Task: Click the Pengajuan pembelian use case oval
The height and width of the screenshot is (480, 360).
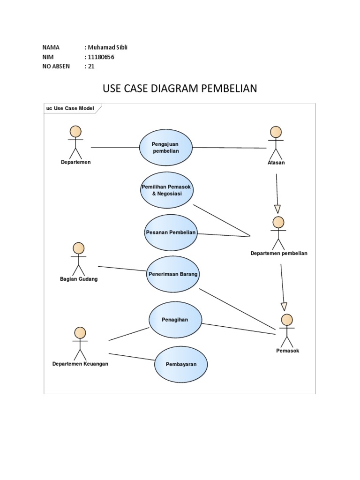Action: click(x=166, y=148)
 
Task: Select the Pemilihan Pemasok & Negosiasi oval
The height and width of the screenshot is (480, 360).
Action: click(x=167, y=190)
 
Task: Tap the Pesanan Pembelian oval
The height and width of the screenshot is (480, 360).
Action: click(x=171, y=233)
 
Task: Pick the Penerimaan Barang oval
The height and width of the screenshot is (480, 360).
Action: click(x=173, y=274)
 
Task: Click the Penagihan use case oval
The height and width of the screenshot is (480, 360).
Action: click(x=175, y=320)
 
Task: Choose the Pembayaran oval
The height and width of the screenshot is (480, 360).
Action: click(x=181, y=364)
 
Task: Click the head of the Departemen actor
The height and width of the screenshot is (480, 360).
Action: click(x=75, y=131)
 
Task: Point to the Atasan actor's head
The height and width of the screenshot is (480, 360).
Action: click(x=276, y=132)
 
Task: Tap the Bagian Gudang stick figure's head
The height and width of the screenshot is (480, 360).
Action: click(x=79, y=248)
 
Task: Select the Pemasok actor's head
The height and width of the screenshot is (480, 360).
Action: click(x=287, y=320)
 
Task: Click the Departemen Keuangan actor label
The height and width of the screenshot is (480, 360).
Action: click(x=80, y=364)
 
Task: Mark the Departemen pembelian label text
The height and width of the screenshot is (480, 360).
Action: click(x=279, y=253)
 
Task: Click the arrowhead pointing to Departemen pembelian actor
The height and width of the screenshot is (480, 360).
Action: click(x=277, y=209)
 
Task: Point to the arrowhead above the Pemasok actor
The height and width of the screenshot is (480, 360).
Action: click(x=284, y=307)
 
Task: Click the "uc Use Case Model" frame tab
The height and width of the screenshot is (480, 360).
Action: click(x=70, y=108)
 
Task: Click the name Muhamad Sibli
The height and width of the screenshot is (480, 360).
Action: click(x=107, y=47)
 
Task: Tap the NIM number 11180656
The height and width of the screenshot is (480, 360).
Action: click(x=101, y=57)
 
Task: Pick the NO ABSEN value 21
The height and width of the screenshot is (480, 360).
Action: click(x=91, y=66)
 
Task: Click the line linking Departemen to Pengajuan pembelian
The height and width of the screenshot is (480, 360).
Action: click(x=115, y=148)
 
